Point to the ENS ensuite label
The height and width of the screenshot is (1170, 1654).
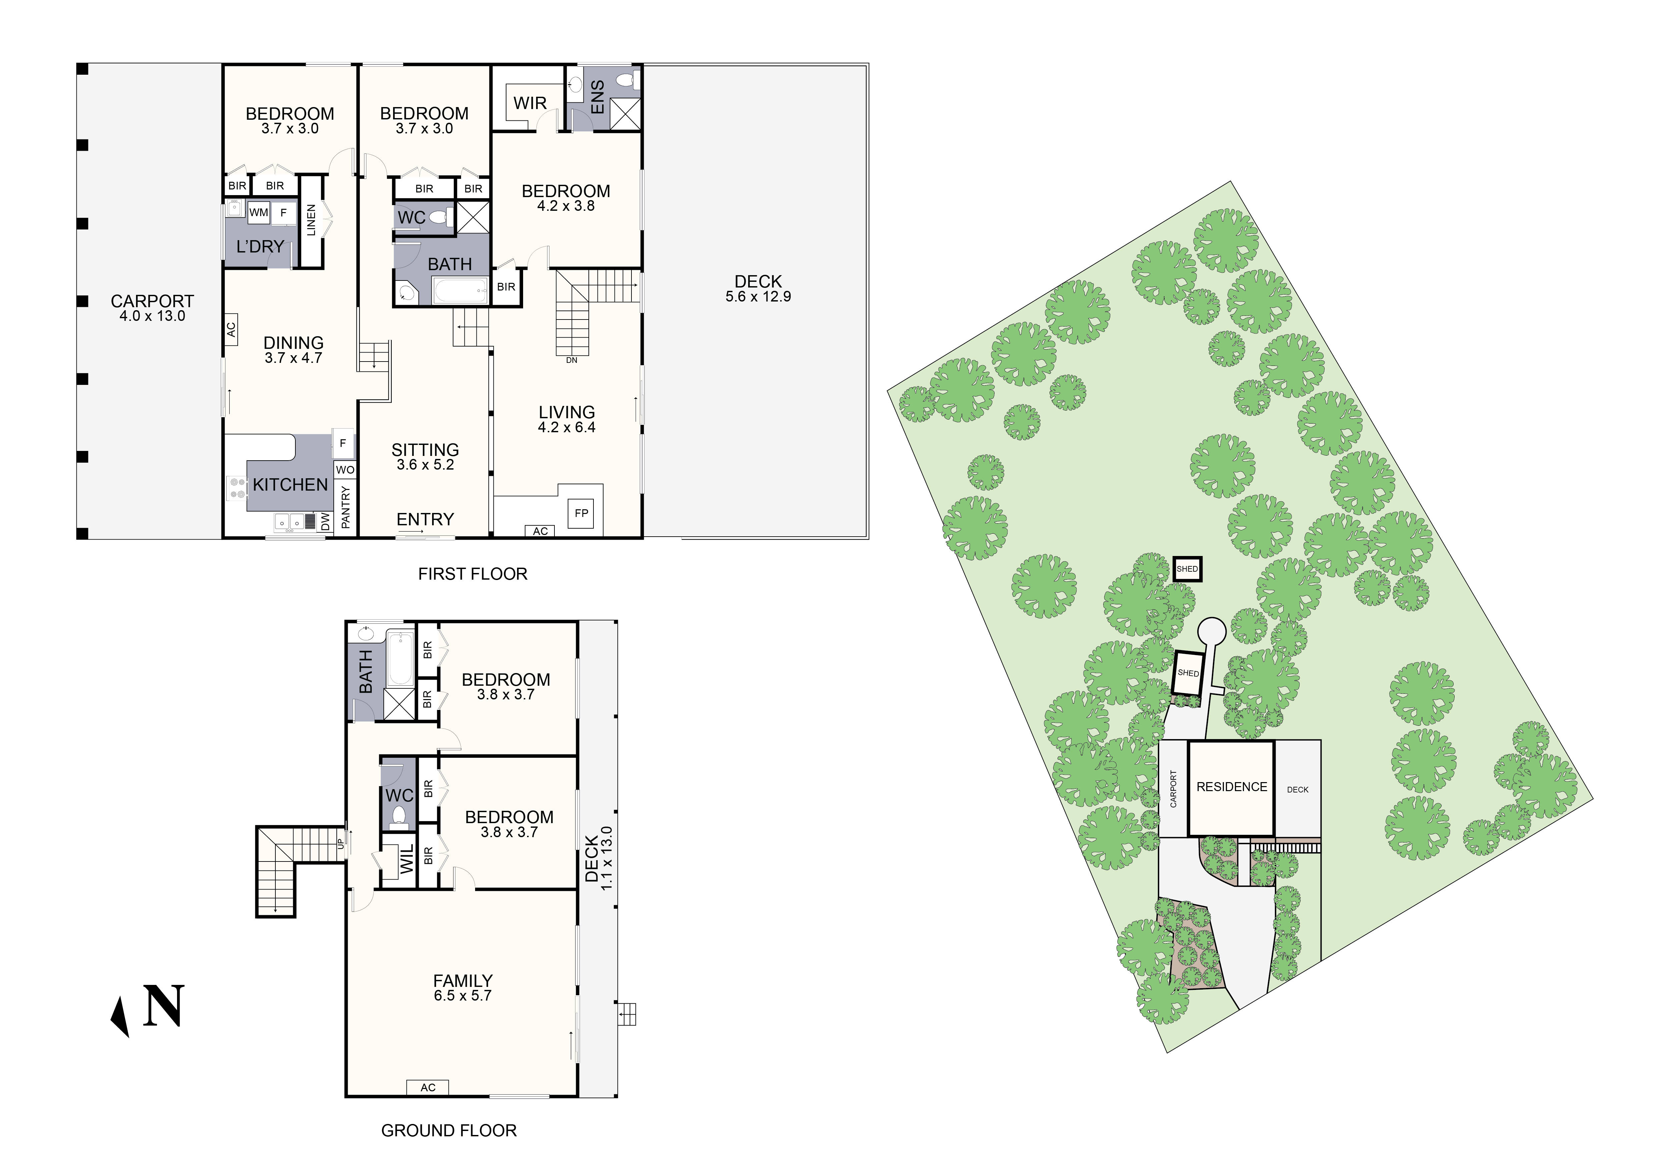[597, 97]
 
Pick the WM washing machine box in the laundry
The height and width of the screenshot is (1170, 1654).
[259, 212]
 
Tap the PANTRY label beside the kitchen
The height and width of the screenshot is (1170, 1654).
[345, 507]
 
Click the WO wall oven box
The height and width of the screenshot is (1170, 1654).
[345, 470]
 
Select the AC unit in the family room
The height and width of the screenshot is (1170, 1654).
[428, 1087]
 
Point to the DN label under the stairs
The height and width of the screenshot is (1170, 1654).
[571, 360]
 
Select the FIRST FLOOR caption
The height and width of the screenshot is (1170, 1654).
[472, 574]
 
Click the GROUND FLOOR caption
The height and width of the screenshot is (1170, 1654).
[449, 1130]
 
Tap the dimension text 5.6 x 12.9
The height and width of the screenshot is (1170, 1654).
[758, 297]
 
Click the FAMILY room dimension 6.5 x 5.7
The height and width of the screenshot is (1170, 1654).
[462, 996]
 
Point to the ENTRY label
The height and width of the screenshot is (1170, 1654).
[425, 519]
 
